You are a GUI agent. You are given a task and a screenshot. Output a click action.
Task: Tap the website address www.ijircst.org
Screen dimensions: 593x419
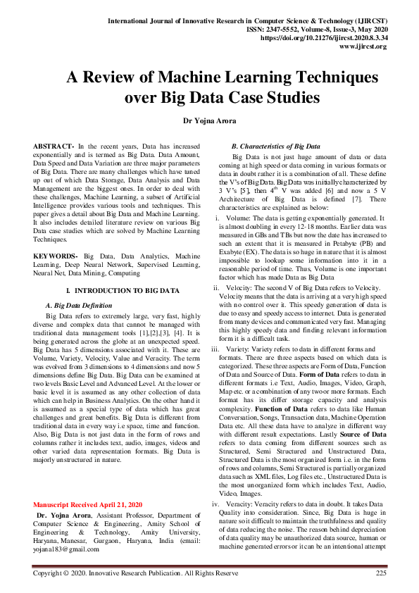[363, 46]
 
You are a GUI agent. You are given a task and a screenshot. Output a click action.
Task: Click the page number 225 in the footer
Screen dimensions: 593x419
[381, 573]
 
